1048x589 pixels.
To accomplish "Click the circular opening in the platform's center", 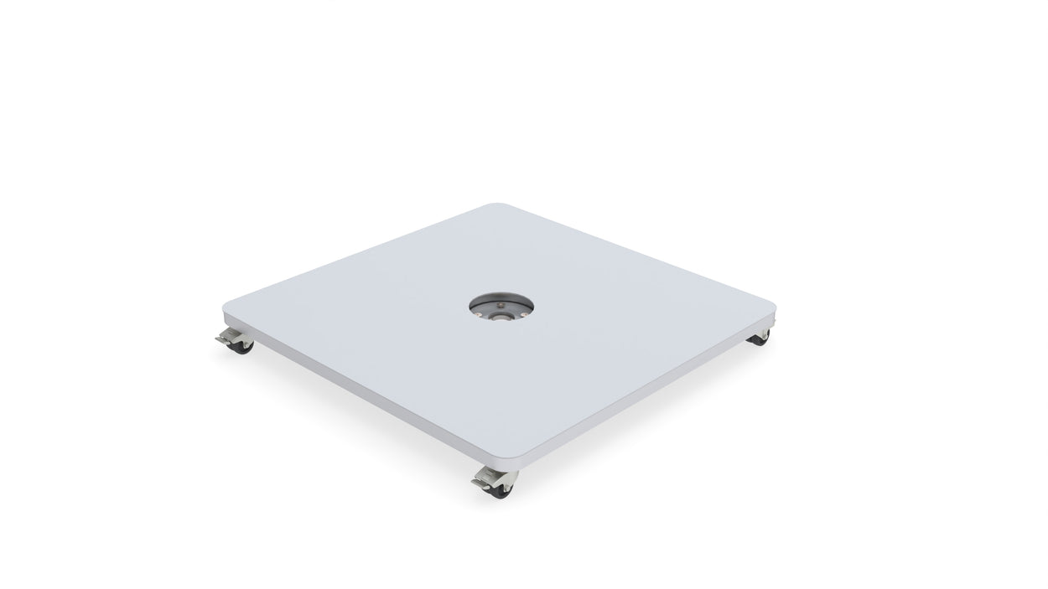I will (x=500, y=306).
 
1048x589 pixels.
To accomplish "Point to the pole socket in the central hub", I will (x=501, y=317).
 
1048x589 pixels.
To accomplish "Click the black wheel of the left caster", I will (x=241, y=345).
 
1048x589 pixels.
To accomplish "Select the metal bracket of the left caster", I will (x=236, y=335).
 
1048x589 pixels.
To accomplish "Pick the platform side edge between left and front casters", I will (x=369, y=390).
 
